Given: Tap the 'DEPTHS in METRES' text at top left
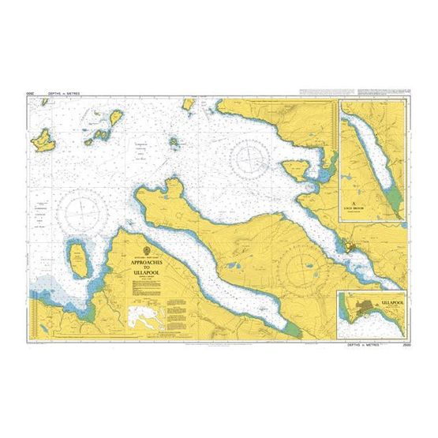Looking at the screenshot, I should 63,94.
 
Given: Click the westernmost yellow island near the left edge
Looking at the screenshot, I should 42,140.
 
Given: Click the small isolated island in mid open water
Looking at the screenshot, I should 174,143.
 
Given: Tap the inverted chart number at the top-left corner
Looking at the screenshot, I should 29,94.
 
